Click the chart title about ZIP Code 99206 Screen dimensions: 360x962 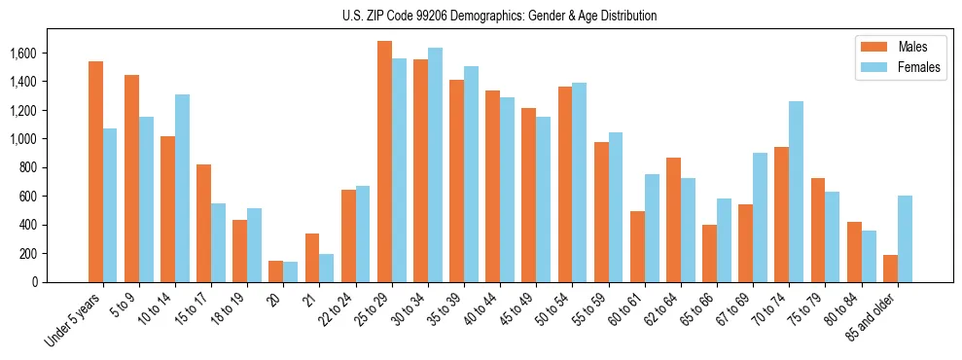tap(499, 16)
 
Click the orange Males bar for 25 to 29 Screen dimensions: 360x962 tap(384, 162)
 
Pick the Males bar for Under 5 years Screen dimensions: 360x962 tap(95, 171)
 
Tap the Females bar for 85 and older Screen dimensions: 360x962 tap(905, 239)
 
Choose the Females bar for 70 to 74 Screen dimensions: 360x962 tap(796, 192)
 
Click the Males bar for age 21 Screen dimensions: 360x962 tap(312, 258)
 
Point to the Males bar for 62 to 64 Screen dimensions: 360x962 tap(673, 220)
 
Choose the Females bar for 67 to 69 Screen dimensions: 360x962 tap(760, 217)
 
